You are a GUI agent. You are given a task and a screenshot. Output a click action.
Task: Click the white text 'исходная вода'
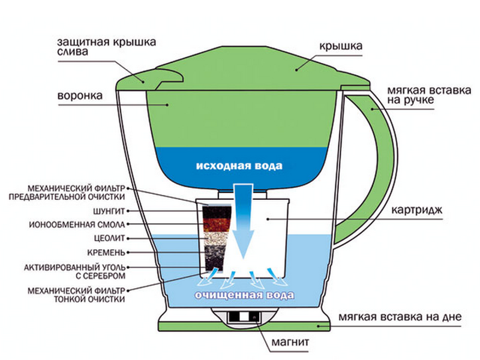239,164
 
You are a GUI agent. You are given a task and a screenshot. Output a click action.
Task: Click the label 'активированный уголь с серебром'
74,271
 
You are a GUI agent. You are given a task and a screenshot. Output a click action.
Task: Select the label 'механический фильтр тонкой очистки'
76,295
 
